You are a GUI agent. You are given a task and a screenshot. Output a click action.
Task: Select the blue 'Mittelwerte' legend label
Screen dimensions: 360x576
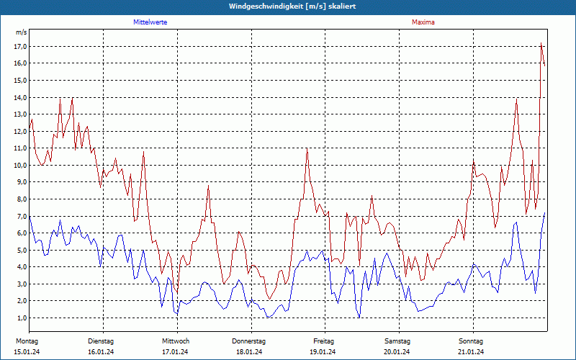coord(150,22)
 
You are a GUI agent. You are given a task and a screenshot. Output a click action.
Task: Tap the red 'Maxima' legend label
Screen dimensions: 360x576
coord(423,22)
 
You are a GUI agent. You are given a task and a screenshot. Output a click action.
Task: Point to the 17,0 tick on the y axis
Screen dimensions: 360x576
coord(20,47)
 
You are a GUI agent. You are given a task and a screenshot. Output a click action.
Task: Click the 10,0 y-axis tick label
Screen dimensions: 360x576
coord(20,166)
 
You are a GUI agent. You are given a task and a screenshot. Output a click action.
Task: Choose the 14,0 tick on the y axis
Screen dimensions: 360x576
coord(20,97)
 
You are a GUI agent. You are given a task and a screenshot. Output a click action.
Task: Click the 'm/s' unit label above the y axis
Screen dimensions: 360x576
coord(21,33)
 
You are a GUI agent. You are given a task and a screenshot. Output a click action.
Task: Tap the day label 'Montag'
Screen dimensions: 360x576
coord(27,341)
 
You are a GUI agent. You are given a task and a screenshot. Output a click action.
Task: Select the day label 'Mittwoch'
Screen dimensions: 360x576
coord(176,341)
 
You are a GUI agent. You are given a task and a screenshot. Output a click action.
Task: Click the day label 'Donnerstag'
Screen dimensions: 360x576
coord(249,341)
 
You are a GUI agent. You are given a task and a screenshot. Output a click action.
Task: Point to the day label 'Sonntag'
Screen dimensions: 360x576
coord(472,341)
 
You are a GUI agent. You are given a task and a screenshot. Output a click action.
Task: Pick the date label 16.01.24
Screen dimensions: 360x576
coord(101,351)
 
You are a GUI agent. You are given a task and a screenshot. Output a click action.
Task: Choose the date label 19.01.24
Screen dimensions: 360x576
coord(323,351)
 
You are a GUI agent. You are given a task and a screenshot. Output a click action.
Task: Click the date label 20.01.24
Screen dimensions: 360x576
coord(397,351)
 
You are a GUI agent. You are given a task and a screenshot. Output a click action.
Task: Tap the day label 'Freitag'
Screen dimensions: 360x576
coord(324,341)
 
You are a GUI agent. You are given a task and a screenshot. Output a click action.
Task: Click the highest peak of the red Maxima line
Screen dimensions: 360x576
coord(541,44)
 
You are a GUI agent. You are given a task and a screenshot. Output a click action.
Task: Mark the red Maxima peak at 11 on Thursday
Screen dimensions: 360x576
coord(307,148)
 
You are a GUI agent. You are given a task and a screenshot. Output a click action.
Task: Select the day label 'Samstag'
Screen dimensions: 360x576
coord(397,341)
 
